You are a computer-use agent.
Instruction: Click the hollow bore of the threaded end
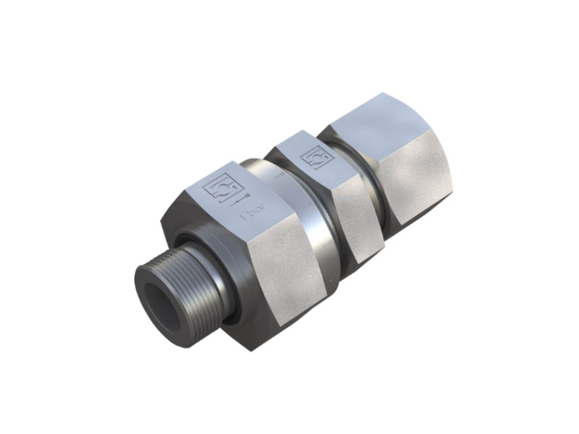(161, 297)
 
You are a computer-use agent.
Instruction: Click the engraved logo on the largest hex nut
(216, 190)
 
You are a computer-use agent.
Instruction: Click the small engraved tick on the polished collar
(278, 176)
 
